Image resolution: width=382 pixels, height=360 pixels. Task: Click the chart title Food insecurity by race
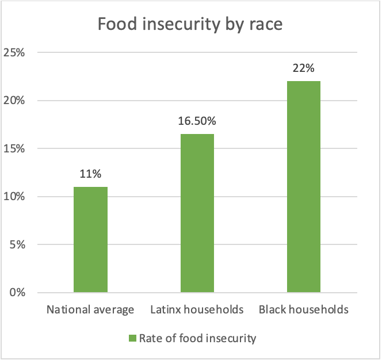tap(190, 25)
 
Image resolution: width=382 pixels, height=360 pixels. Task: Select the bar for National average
tap(90, 239)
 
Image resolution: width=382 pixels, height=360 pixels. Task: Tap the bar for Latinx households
tap(197, 213)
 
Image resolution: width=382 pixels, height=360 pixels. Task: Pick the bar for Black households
tap(303, 186)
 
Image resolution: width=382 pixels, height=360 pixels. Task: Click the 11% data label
tap(90, 174)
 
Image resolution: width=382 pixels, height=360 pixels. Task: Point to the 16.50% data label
tap(197, 121)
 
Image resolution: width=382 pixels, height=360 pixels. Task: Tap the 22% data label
tap(303, 68)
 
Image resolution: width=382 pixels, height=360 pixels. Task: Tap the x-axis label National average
tap(90, 310)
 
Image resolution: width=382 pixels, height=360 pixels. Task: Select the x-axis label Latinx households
tap(197, 310)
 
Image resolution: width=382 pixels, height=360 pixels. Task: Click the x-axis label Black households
tap(303, 310)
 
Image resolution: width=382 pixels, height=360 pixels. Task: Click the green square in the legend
tap(132, 338)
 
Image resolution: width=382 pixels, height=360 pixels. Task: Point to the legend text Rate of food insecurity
tap(197, 338)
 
